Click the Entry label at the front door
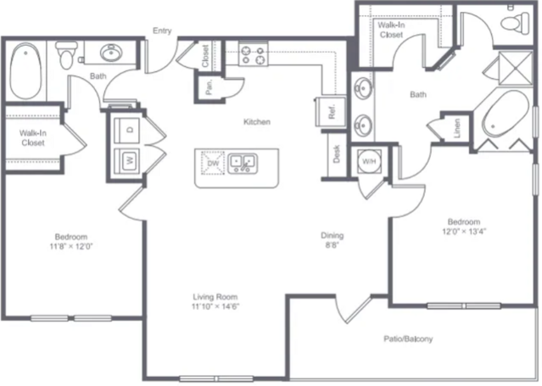(x=162, y=31)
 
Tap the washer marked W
(x=127, y=160)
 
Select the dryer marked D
(x=127, y=130)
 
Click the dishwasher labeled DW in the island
(x=213, y=163)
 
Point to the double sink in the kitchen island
(x=243, y=163)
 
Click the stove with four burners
(x=253, y=54)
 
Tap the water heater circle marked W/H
(x=370, y=161)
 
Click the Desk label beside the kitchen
(x=337, y=154)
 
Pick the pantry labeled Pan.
(x=209, y=88)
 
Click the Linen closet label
(x=457, y=128)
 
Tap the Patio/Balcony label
(x=408, y=338)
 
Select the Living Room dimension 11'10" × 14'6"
(x=215, y=306)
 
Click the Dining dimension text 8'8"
(x=332, y=245)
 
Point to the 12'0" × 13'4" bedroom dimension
(x=464, y=232)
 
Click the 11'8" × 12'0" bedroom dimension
(x=71, y=246)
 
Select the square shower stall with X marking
(x=516, y=68)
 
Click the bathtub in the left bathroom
(x=26, y=70)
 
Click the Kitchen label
(x=257, y=121)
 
